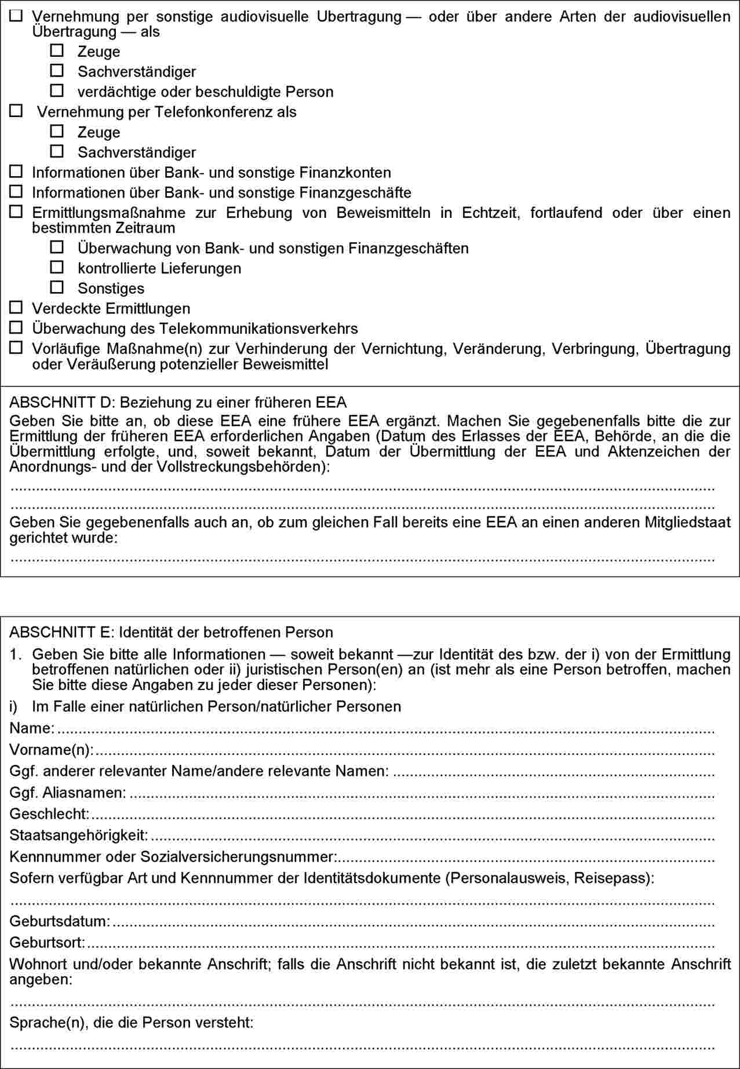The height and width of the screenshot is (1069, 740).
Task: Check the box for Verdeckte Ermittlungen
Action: coord(16,307)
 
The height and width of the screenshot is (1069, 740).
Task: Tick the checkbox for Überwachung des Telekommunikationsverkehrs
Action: coord(16,327)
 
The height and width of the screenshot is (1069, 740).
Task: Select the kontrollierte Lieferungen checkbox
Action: coord(57,267)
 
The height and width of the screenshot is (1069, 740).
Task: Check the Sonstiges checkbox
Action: coord(57,287)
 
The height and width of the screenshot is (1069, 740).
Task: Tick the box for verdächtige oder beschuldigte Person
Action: coord(57,90)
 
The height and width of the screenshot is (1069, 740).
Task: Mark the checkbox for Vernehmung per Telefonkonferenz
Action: coord(16,111)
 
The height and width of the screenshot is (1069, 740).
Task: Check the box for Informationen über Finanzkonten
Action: coord(16,172)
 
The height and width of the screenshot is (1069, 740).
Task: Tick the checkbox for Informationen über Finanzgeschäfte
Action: coord(16,191)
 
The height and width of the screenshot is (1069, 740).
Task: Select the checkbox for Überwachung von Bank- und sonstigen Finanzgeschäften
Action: coord(57,247)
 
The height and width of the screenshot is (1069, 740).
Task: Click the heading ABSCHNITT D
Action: coord(177,402)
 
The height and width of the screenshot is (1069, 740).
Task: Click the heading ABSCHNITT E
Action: coord(171,632)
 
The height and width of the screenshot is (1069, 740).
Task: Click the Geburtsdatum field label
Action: coord(60,921)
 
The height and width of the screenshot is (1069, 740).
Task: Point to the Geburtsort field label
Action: coord(47,943)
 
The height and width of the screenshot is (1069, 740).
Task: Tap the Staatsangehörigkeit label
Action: coord(78,836)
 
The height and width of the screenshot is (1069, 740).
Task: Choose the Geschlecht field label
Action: coord(49,814)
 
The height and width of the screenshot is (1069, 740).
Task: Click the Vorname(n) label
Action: coord(51,750)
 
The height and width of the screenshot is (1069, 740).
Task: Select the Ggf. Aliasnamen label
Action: coord(67,793)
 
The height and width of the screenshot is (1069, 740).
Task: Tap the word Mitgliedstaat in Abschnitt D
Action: coord(687,523)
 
